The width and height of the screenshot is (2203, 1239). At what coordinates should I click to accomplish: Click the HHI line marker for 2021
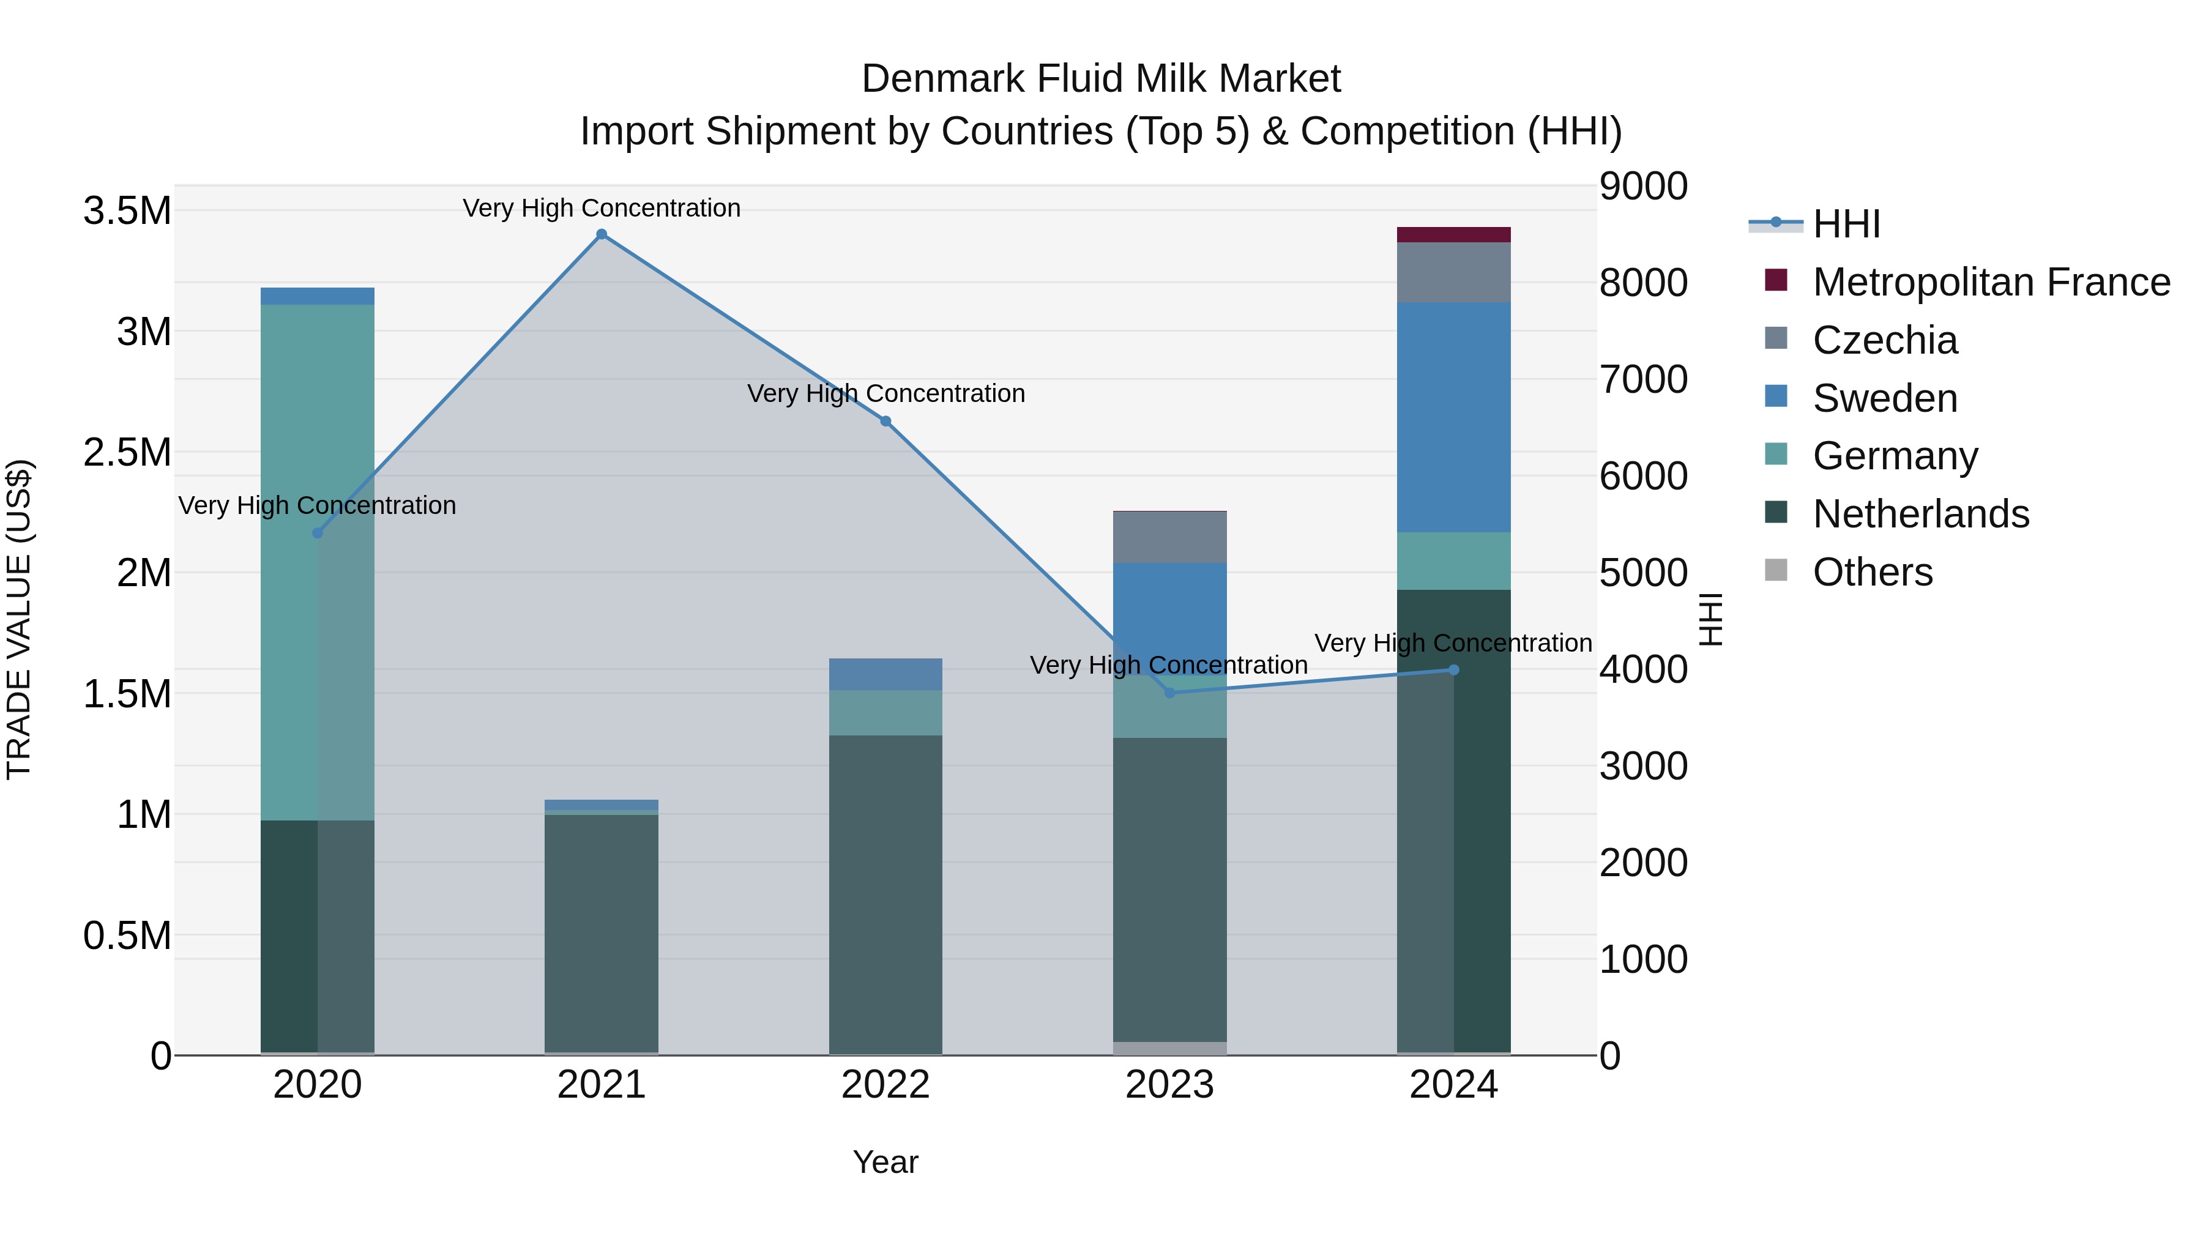tap(601, 234)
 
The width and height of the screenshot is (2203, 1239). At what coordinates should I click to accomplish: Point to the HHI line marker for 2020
tap(317, 534)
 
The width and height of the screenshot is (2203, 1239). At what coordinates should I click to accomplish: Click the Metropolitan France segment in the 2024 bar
tap(1454, 235)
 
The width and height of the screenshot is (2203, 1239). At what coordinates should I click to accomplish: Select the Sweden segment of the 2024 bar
tap(1454, 417)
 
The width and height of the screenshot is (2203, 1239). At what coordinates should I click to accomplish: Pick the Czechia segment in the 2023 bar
tap(1170, 537)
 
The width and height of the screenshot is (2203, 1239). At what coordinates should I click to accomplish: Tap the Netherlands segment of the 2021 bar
tap(601, 932)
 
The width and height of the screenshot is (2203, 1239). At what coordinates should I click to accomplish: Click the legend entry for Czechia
tap(1884, 340)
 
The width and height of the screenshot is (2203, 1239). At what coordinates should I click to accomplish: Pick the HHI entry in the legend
tap(1846, 224)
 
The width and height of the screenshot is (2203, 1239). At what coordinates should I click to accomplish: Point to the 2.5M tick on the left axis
tap(127, 452)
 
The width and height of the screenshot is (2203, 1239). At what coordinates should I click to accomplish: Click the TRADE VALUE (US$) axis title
tap(20, 619)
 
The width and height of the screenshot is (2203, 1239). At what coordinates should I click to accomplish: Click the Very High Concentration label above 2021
tap(601, 209)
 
